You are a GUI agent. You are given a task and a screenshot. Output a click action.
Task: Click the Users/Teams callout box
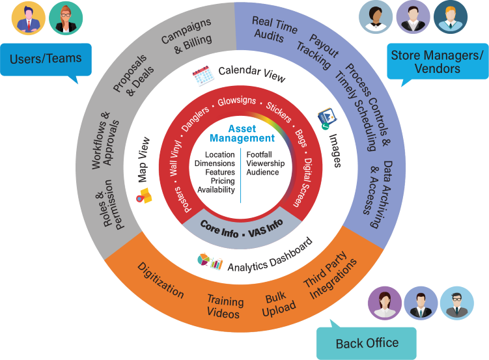46,59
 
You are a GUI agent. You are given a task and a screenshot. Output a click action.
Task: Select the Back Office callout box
367,342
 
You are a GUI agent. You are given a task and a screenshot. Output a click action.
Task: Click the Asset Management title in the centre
242,133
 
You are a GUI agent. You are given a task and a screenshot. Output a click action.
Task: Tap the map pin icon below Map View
143,195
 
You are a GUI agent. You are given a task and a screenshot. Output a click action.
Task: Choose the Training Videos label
225,307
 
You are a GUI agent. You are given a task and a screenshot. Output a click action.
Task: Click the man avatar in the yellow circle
29,18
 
